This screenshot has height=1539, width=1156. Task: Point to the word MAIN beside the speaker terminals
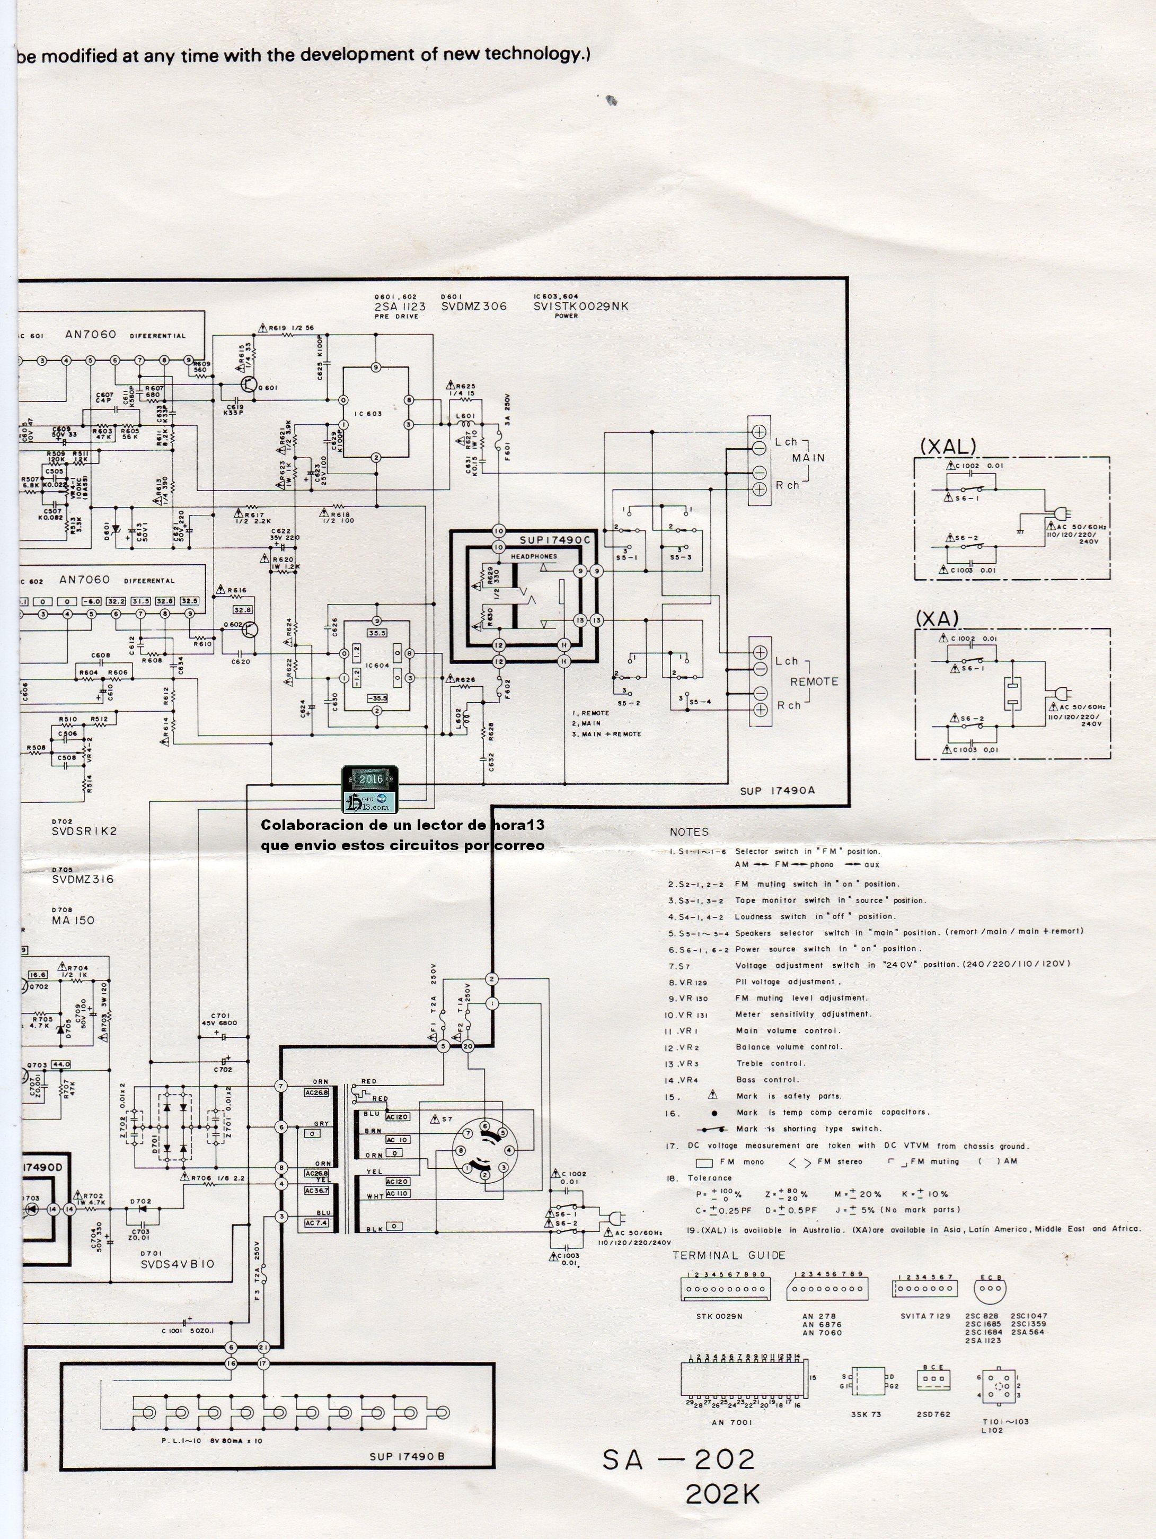(x=808, y=458)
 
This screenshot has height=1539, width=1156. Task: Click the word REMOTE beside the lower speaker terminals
(x=814, y=682)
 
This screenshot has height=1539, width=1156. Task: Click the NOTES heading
(x=689, y=832)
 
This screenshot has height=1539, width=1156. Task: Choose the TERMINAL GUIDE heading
(x=728, y=1256)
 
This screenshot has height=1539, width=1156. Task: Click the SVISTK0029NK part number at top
(x=581, y=306)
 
